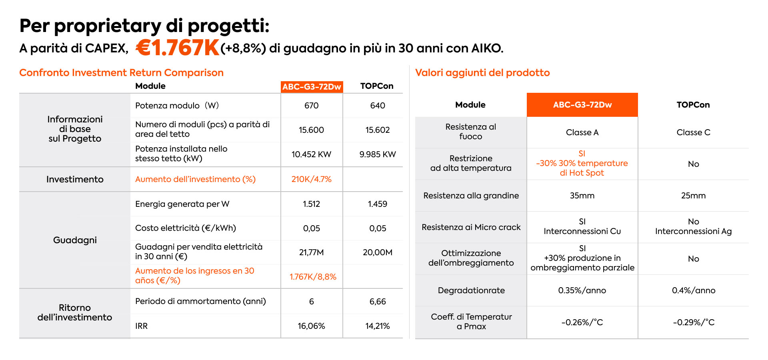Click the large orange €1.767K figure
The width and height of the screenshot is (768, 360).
click(177, 48)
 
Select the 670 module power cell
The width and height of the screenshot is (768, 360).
click(311, 106)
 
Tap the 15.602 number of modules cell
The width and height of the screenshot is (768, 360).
click(377, 130)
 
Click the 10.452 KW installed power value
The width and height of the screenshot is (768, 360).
click(311, 154)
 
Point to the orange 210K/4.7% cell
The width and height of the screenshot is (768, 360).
click(311, 179)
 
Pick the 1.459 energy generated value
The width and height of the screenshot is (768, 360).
click(377, 204)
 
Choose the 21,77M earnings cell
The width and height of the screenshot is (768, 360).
click(311, 252)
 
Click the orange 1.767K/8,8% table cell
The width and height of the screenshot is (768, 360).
click(313, 277)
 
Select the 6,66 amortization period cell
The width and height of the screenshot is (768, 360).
click(377, 302)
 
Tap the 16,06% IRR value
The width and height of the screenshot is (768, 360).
click(311, 326)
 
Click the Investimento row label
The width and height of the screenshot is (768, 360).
click(75, 179)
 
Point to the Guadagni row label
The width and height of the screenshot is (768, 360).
click(75, 240)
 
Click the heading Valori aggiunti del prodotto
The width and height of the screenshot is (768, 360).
click(482, 73)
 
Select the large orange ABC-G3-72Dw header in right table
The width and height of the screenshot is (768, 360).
click(582, 105)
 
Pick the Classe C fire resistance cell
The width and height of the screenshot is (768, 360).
click(693, 132)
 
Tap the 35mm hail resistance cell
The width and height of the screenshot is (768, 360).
click(582, 196)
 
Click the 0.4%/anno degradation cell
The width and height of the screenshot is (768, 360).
click(693, 290)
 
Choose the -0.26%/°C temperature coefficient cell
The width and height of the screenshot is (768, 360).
click(582, 322)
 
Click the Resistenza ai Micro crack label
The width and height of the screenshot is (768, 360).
click(471, 227)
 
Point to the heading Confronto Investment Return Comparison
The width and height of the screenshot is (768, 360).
click(121, 73)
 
